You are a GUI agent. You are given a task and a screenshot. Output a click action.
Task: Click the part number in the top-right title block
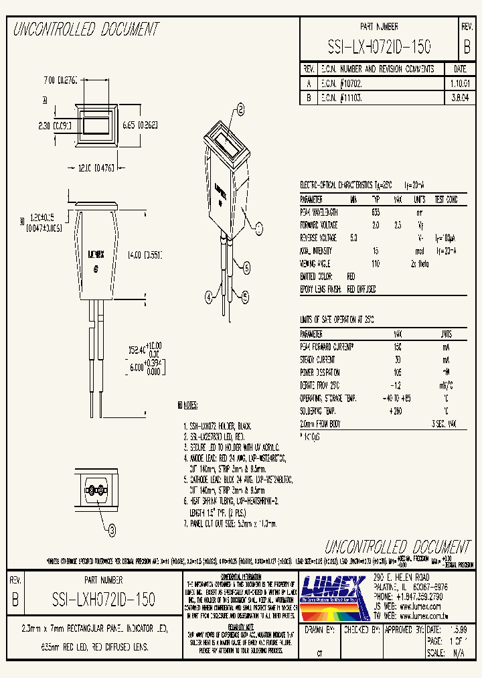point(379,46)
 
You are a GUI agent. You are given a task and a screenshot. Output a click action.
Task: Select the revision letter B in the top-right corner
point(467,46)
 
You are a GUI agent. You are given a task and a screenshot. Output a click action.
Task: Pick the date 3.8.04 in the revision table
point(460,97)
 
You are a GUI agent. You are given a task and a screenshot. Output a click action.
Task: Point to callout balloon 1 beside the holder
point(260,226)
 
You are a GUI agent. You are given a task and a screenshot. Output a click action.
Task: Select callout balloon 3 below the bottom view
point(112,532)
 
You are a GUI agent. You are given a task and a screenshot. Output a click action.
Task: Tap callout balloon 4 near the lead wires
point(208,295)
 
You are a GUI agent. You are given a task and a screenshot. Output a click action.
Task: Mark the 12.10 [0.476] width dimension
point(93,168)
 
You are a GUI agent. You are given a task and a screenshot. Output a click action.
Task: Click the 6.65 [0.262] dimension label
point(140,124)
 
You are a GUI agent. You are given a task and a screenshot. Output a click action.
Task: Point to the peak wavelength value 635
point(376,212)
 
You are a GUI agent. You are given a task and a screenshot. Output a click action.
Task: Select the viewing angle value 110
point(376,263)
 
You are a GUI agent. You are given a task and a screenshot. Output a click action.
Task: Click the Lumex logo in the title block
point(333,590)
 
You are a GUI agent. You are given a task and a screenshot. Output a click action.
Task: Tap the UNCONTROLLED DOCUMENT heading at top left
point(86,29)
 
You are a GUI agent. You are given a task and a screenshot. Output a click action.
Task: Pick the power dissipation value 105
point(398,372)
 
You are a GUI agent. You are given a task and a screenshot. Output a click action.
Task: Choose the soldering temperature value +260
point(398,411)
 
